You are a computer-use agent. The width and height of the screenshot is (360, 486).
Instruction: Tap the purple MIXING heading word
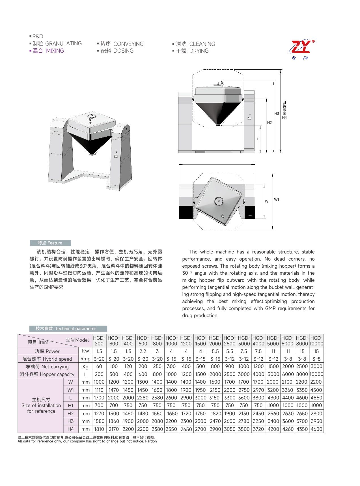pos(55,51)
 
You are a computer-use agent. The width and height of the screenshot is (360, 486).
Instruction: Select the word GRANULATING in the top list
pos(63,44)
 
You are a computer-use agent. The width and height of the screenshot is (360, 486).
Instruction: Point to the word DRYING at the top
pos(199,51)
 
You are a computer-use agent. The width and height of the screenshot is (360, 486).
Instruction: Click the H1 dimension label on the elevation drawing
pos(257,139)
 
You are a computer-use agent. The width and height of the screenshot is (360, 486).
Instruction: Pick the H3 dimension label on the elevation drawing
pos(277,114)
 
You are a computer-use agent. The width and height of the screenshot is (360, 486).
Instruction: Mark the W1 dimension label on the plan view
pos(277,200)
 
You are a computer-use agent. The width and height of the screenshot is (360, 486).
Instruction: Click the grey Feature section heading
pos(50,243)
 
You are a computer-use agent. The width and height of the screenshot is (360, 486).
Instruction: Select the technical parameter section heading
pos(68,329)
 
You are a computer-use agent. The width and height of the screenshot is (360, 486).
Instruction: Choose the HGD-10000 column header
pos(316,341)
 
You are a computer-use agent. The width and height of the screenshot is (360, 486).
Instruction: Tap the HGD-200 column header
pos(99,341)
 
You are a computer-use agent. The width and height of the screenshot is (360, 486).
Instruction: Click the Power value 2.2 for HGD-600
pos(143,351)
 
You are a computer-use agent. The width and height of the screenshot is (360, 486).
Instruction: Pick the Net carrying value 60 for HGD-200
pos(99,366)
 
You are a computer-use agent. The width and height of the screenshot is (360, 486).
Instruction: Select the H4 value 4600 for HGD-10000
pos(316,429)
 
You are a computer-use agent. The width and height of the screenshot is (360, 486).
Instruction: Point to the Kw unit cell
pos(85,351)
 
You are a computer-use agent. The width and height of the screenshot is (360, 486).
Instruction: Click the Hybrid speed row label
pos(47,359)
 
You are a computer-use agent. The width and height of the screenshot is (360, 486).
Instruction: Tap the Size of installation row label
pos(41,405)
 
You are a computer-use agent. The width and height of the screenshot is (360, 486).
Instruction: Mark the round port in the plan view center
pos(218,201)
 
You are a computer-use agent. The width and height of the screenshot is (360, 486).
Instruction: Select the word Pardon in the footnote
pos(151,441)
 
